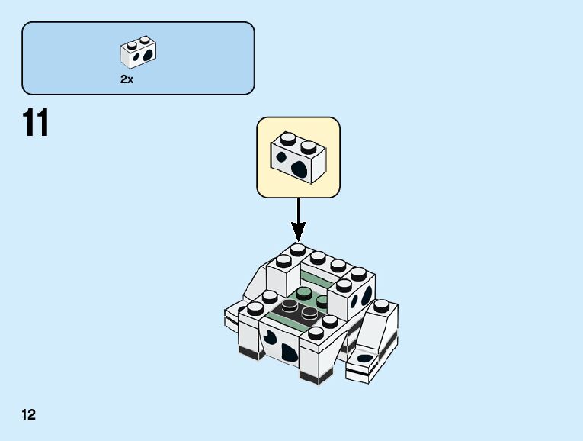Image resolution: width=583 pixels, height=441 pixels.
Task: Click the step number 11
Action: [36, 124]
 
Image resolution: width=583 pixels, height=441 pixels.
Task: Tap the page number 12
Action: [29, 415]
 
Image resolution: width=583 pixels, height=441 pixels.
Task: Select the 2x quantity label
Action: [127, 79]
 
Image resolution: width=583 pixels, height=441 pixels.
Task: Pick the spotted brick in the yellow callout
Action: [298, 156]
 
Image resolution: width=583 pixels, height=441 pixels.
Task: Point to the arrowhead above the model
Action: [298, 230]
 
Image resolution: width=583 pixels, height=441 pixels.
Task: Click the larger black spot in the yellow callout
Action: [300, 168]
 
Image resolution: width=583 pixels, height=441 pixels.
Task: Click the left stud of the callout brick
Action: [288, 139]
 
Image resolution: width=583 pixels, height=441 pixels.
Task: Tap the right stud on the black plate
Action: [309, 313]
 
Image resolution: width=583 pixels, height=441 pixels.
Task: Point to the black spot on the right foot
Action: [366, 357]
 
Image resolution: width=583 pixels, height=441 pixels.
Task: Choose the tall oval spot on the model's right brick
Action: [367, 294]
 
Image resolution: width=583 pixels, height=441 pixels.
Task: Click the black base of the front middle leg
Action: [312, 377]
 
